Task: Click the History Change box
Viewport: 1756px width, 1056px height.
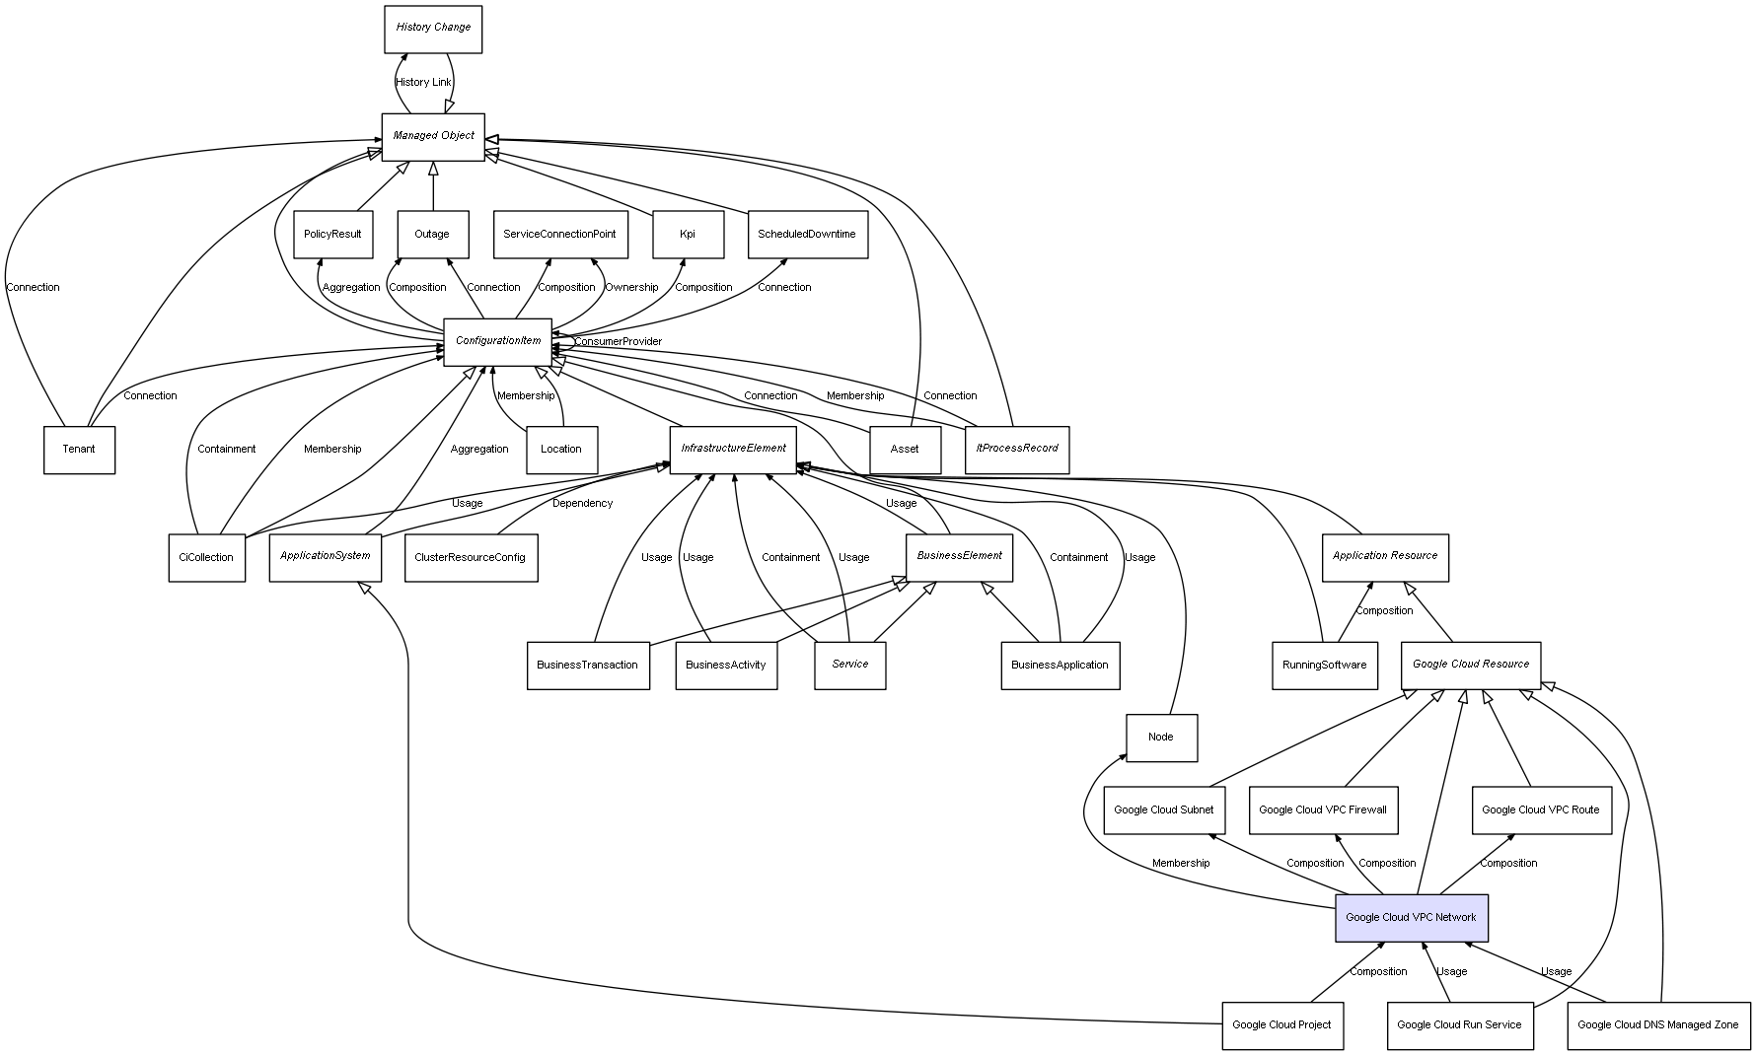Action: tap(433, 29)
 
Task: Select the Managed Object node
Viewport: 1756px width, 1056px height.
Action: tap(433, 136)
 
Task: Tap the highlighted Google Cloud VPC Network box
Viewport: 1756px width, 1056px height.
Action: tap(1411, 918)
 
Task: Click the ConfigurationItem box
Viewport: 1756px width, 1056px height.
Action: tap(498, 341)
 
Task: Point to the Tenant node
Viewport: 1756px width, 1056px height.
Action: tap(79, 450)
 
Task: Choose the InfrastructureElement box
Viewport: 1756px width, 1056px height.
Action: tap(733, 449)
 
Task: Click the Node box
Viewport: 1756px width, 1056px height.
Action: tap(1161, 738)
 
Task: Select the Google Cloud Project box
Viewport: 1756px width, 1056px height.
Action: tap(1281, 1025)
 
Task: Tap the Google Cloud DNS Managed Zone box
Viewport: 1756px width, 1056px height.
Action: tap(1657, 1025)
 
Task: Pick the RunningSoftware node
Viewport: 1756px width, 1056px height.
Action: tap(1324, 666)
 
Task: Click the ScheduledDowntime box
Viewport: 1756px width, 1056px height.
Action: tap(807, 235)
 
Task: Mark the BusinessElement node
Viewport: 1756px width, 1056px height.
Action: tap(959, 556)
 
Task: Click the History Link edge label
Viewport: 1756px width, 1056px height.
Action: tap(423, 83)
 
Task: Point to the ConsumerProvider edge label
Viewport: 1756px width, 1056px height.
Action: tap(619, 342)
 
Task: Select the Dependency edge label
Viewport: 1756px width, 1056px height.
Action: tap(582, 504)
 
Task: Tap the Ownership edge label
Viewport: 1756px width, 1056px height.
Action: tap(631, 288)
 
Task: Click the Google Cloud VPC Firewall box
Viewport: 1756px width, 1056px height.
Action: tap(1322, 810)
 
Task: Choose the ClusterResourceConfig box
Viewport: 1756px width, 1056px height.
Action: tap(470, 558)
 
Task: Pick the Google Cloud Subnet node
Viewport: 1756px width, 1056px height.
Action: tap(1163, 810)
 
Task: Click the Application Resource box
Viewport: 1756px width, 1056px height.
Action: tap(1385, 556)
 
